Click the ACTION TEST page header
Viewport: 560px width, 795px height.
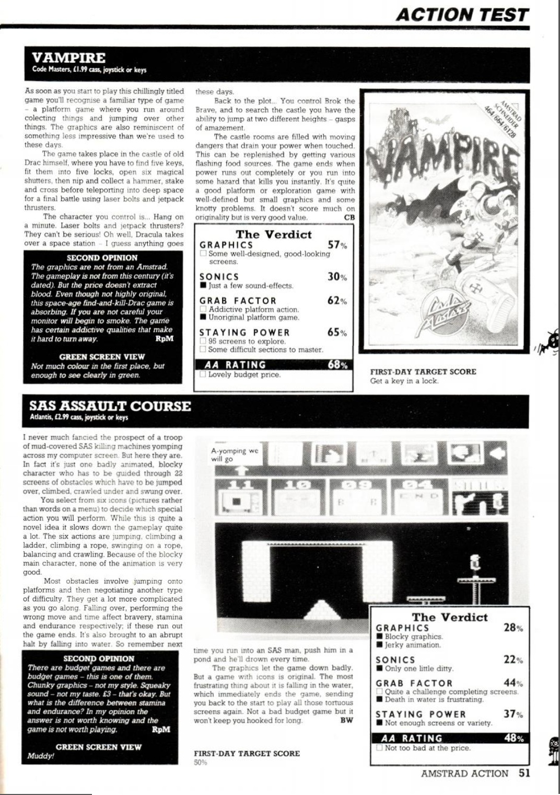[x=462, y=14]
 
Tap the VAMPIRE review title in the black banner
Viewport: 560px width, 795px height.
[x=68, y=58]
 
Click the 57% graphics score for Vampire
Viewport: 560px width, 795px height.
[x=337, y=245]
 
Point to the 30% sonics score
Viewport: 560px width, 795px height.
[x=337, y=277]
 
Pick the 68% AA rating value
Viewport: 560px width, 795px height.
[x=337, y=365]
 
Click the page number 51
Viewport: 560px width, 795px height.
[x=524, y=773]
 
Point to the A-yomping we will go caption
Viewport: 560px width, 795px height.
[x=234, y=455]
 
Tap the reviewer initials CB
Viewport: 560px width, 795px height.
[x=349, y=217]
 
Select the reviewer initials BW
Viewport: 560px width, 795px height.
[x=346, y=720]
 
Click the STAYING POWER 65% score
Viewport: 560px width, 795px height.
[x=337, y=333]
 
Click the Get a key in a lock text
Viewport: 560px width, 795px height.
[x=404, y=381]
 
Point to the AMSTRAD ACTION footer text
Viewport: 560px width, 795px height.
[x=464, y=774]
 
